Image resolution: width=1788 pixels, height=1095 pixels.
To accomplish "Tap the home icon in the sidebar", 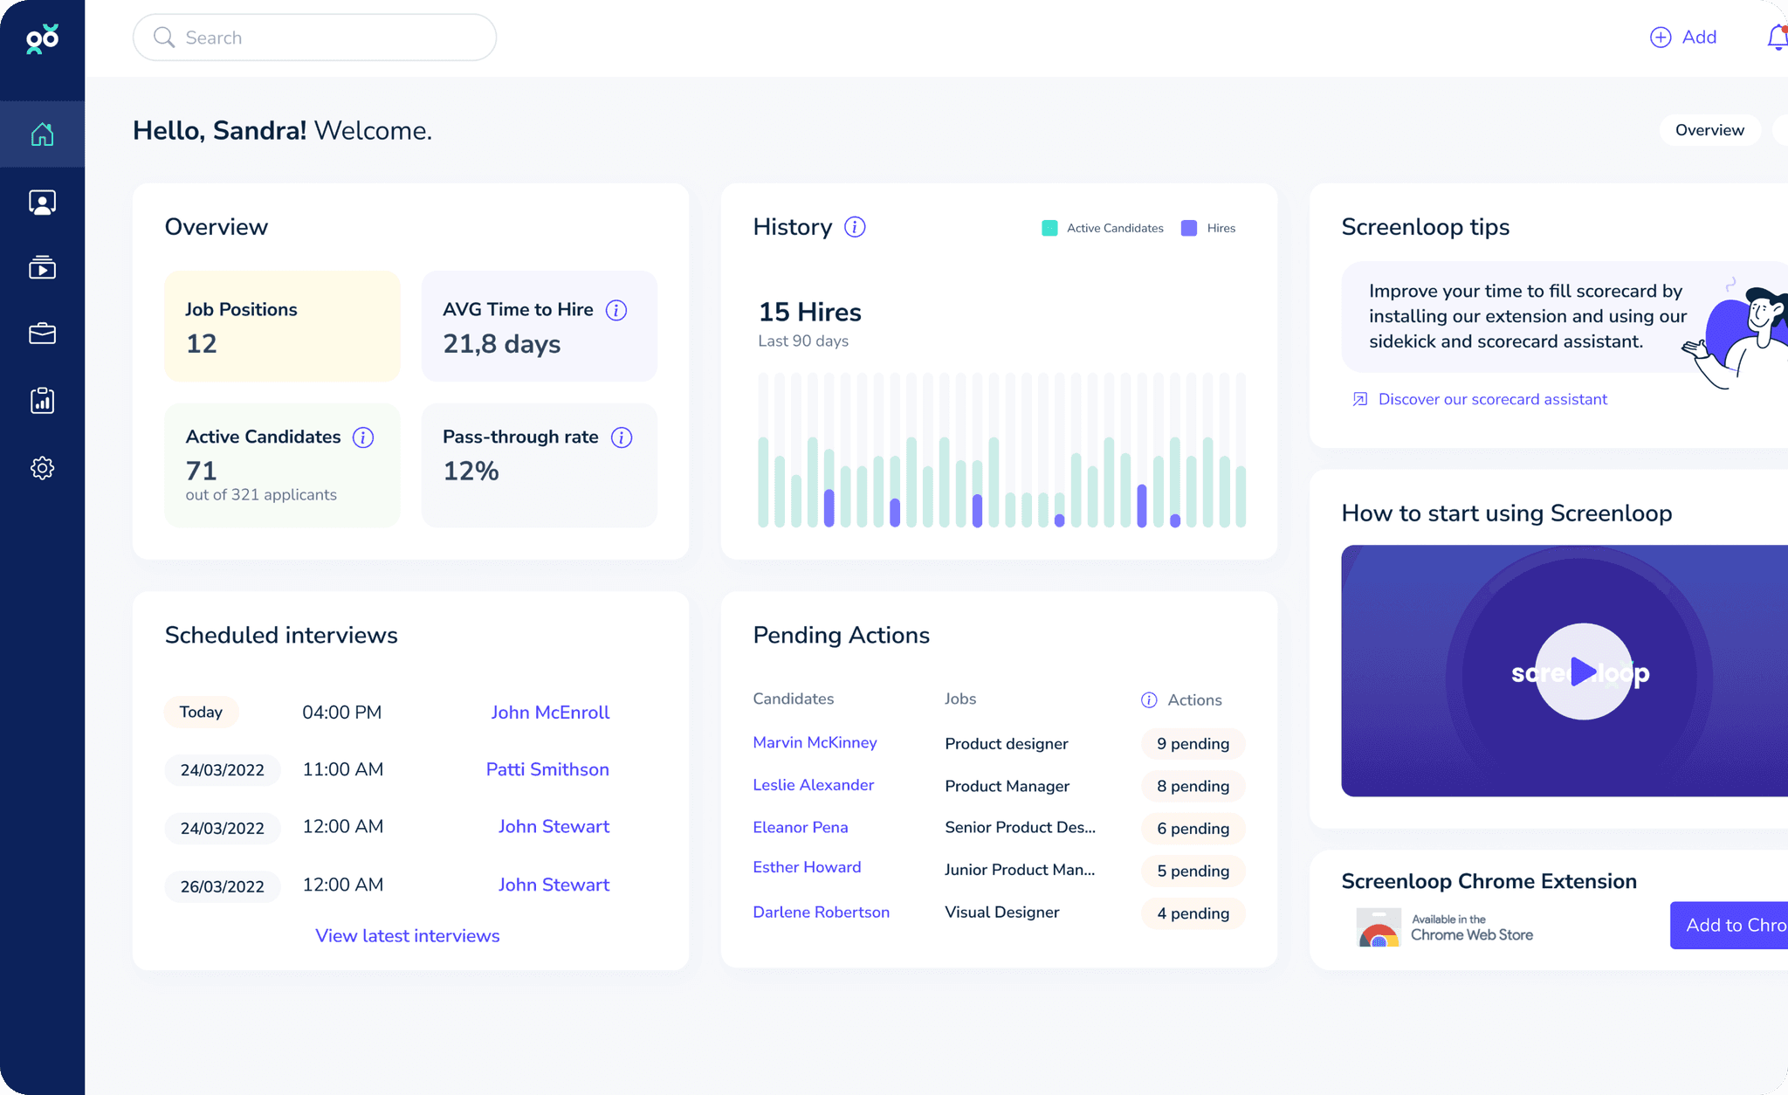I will click(x=42, y=134).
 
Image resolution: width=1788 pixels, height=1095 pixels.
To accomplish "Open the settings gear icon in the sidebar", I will click(x=42, y=468).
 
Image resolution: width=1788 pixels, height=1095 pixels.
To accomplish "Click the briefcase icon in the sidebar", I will click(x=42, y=334).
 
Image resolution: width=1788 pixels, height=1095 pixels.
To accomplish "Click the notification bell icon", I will click(x=1777, y=38).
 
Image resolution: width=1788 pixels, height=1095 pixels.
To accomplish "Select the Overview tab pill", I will click(x=1709, y=130).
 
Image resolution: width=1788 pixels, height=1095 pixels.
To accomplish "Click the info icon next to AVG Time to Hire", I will click(x=616, y=310).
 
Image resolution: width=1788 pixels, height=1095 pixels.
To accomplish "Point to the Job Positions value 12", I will click(x=202, y=344).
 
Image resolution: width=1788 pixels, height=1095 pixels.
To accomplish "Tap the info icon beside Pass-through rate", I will click(x=622, y=437).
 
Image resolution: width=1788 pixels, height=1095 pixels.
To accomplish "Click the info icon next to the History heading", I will click(x=855, y=227).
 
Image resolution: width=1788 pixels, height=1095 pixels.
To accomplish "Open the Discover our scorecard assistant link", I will click(x=1492, y=399).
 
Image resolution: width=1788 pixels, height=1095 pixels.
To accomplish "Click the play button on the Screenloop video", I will click(x=1583, y=671).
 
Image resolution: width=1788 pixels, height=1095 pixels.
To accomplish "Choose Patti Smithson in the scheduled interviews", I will click(x=547, y=769).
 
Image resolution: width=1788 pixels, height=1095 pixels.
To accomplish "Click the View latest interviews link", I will click(x=408, y=936).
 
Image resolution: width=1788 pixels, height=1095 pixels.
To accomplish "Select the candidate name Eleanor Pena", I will click(x=800, y=827).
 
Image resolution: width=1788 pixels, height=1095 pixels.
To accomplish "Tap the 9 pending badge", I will click(x=1193, y=744).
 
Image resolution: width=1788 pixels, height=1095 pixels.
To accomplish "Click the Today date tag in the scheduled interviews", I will click(x=201, y=712).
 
